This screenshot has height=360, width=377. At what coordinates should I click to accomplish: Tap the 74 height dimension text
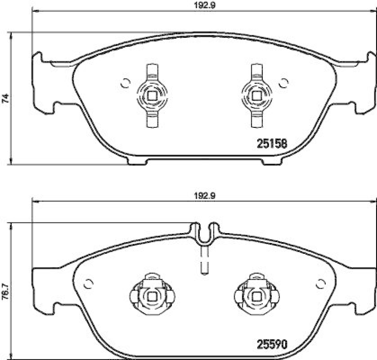6,99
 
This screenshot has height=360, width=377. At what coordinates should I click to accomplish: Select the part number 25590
272,340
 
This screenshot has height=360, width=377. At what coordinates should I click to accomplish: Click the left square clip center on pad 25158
152,95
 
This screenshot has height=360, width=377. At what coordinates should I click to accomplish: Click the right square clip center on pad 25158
256,95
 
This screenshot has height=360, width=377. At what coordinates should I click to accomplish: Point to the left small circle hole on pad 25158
125,83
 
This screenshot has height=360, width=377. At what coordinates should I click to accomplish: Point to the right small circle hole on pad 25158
283,83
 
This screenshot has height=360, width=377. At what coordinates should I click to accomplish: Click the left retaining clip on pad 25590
152,295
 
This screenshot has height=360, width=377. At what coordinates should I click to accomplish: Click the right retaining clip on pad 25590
256,295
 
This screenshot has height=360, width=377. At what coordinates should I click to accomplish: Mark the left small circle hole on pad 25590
88,283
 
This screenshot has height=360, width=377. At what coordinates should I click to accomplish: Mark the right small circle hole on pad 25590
321,283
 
